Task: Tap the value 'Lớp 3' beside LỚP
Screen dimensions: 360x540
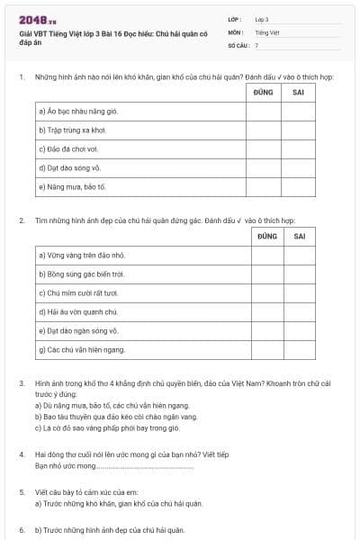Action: [262, 19]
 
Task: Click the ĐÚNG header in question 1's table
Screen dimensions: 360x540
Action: [263, 92]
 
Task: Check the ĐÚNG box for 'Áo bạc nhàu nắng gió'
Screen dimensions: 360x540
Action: [263, 112]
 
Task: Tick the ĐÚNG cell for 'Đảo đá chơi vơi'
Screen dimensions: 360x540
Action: [263, 149]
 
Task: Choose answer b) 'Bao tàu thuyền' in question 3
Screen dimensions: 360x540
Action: [116, 417]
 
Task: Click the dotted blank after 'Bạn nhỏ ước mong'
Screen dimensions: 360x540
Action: [135, 466]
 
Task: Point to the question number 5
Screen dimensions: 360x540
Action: [22, 492]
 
